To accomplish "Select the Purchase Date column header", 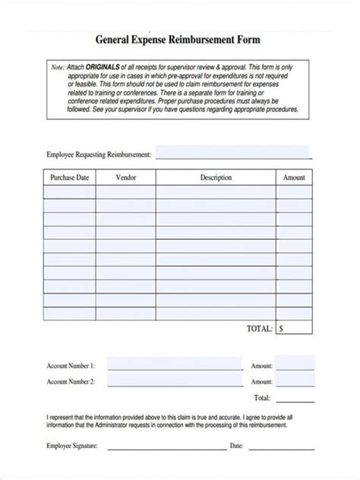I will point(69,177).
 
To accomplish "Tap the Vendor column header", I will point(126,177).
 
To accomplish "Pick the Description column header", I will point(216,177).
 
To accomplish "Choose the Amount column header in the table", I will point(294,177).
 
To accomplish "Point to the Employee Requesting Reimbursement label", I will point(99,154).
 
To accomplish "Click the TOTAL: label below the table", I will point(259,329).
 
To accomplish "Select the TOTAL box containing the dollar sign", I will point(294,329).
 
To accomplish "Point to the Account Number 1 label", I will point(71,366).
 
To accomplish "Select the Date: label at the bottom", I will point(236,446).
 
